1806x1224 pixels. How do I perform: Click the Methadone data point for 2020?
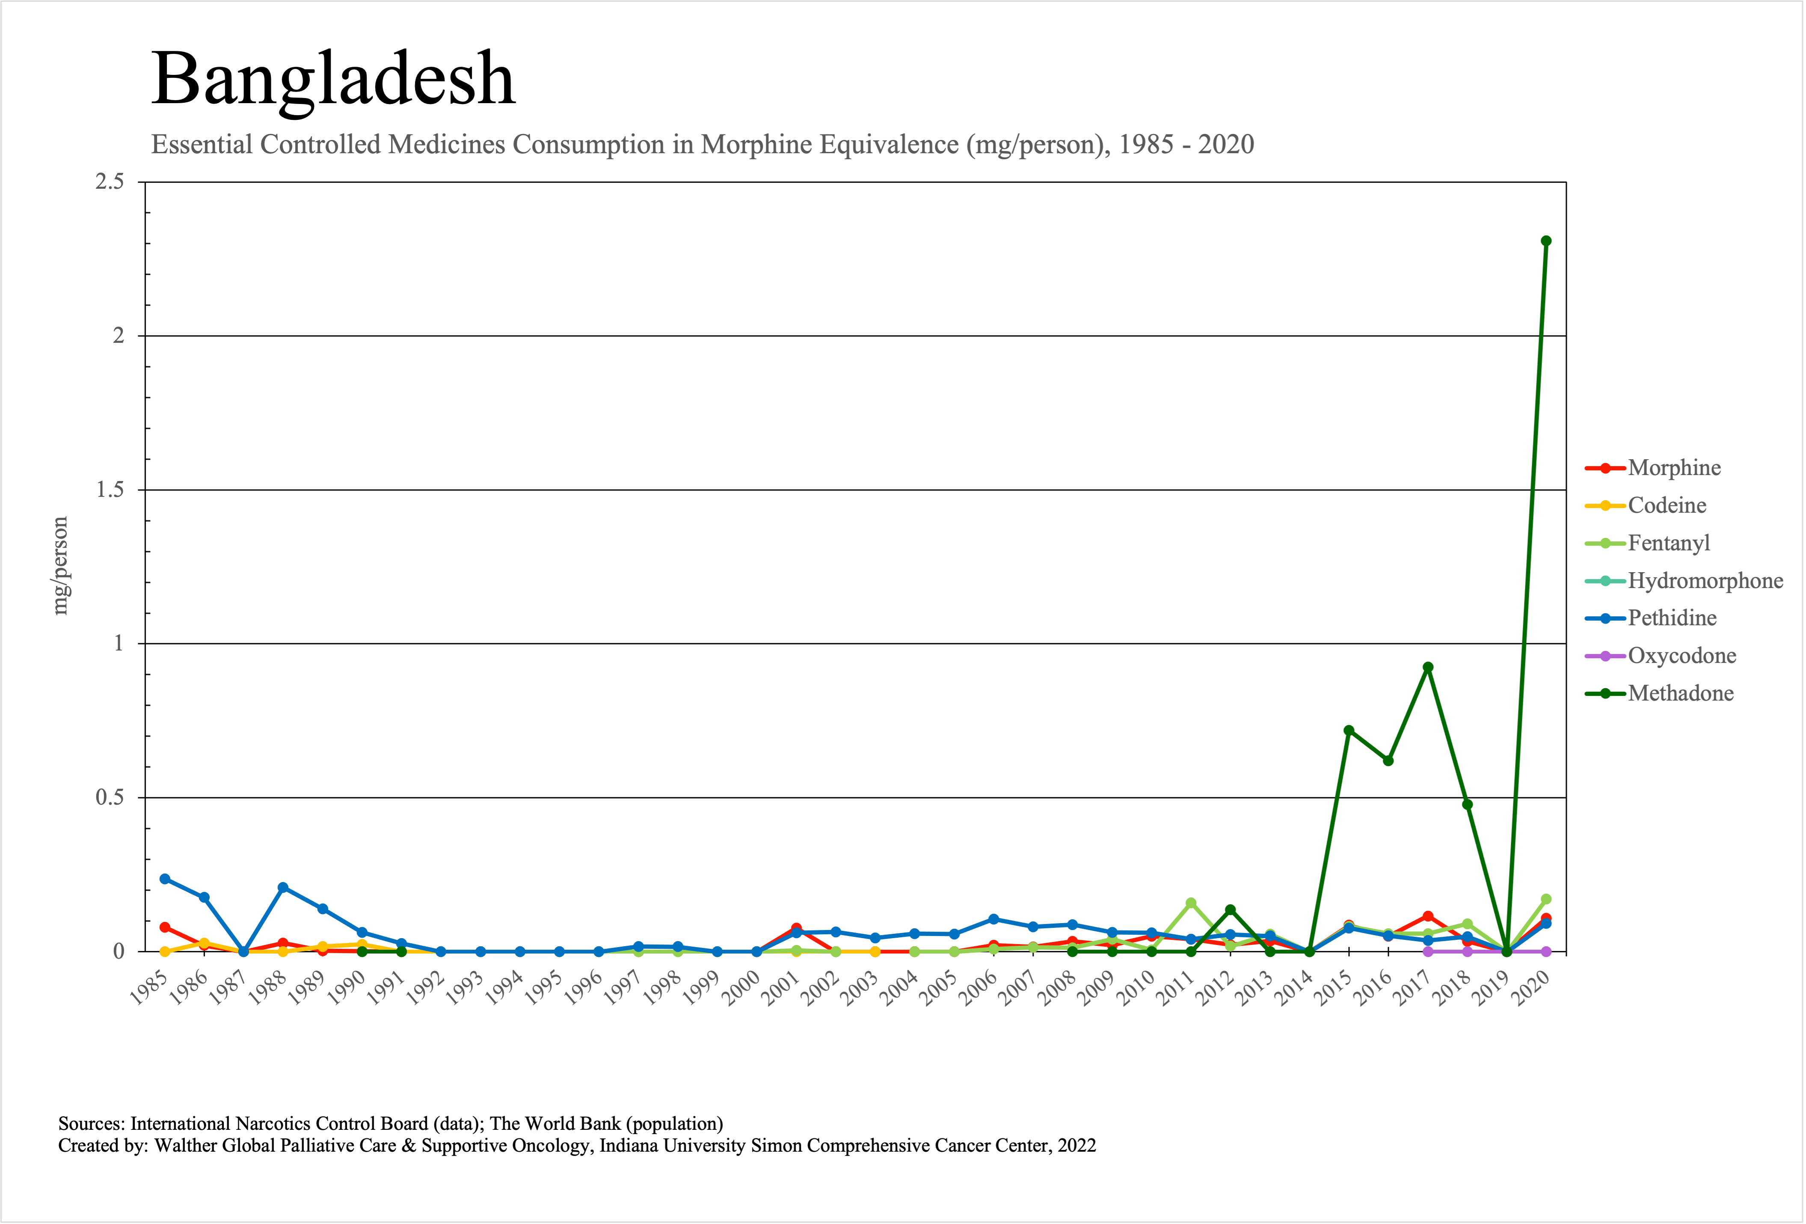tap(1546, 241)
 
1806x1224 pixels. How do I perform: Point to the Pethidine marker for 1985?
tap(165, 879)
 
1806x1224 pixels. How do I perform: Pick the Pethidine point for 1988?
tap(283, 888)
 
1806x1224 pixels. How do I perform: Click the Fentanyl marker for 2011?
tap(1191, 903)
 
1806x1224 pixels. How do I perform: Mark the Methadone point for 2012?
tap(1230, 909)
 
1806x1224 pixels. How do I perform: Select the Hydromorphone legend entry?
tap(1705, 580)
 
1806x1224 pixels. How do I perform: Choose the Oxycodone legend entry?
tap(1681, 656)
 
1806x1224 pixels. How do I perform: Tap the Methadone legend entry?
tap(1680, 693)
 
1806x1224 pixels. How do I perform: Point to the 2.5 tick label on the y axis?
tap(110, 182)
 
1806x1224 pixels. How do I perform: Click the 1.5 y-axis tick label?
tap(110, 490)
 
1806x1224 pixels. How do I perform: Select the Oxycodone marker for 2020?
tap(1546, 951)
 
